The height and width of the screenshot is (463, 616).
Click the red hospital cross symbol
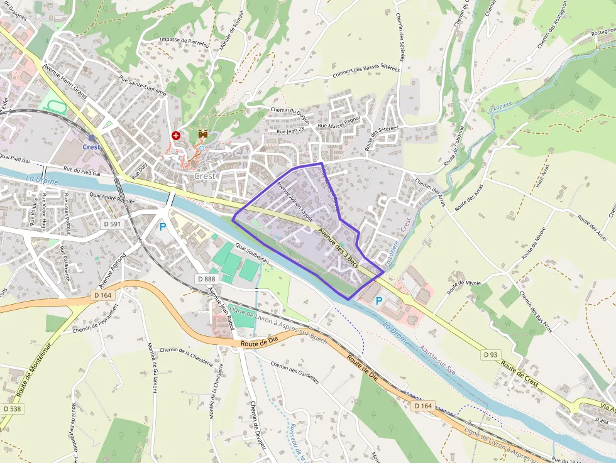click(x=176, y=135)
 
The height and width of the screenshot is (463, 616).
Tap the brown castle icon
click(x=204, y=134)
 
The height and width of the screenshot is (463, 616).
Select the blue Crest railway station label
click(x=91, y=147)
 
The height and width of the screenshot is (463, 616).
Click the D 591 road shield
click(x=113, y=224)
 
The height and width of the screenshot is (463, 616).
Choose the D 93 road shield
click(x=491, y=355)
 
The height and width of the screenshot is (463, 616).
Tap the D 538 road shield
click(x=11, y=410)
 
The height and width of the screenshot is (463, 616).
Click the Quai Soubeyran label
click(x=252, y=253)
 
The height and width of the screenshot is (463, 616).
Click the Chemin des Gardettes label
click(x=295, y=373)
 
